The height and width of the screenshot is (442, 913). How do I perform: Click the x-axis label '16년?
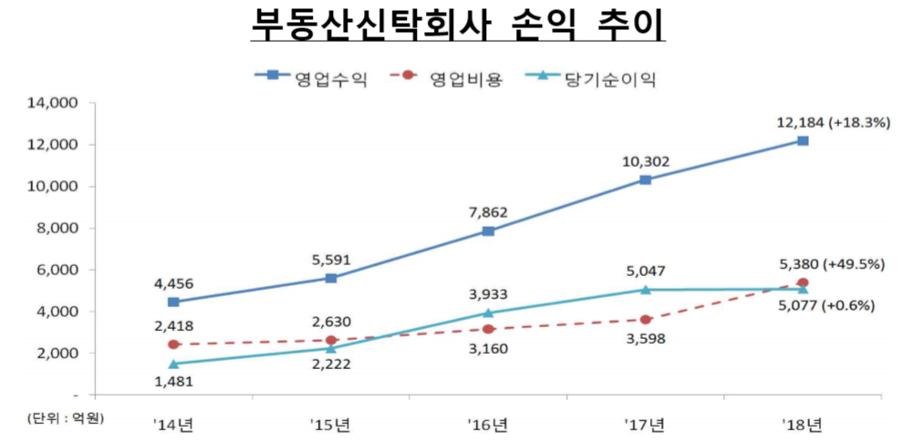pyautogui.click(x=488, y=423)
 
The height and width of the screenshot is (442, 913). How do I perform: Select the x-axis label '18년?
pyautogui.click(x=803, y=423)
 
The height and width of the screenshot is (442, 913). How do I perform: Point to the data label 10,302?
pyautogui.click(x=645, y=161)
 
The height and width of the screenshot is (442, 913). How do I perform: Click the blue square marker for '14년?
pyautogui.click(x=174, y=302)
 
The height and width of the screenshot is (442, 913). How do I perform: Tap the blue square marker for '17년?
pyautogui.click(x=646, y=180)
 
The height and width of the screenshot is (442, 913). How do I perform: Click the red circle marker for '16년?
pyautogui.click(x=489, y=329)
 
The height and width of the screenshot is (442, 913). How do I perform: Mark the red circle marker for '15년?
pyautogui.click(x=331, y=340)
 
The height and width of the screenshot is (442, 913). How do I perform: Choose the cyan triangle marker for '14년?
pyautogui.click(x=174, y=364)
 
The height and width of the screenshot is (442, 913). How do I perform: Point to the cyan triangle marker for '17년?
pyautogui.click(x=646, y=290)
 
